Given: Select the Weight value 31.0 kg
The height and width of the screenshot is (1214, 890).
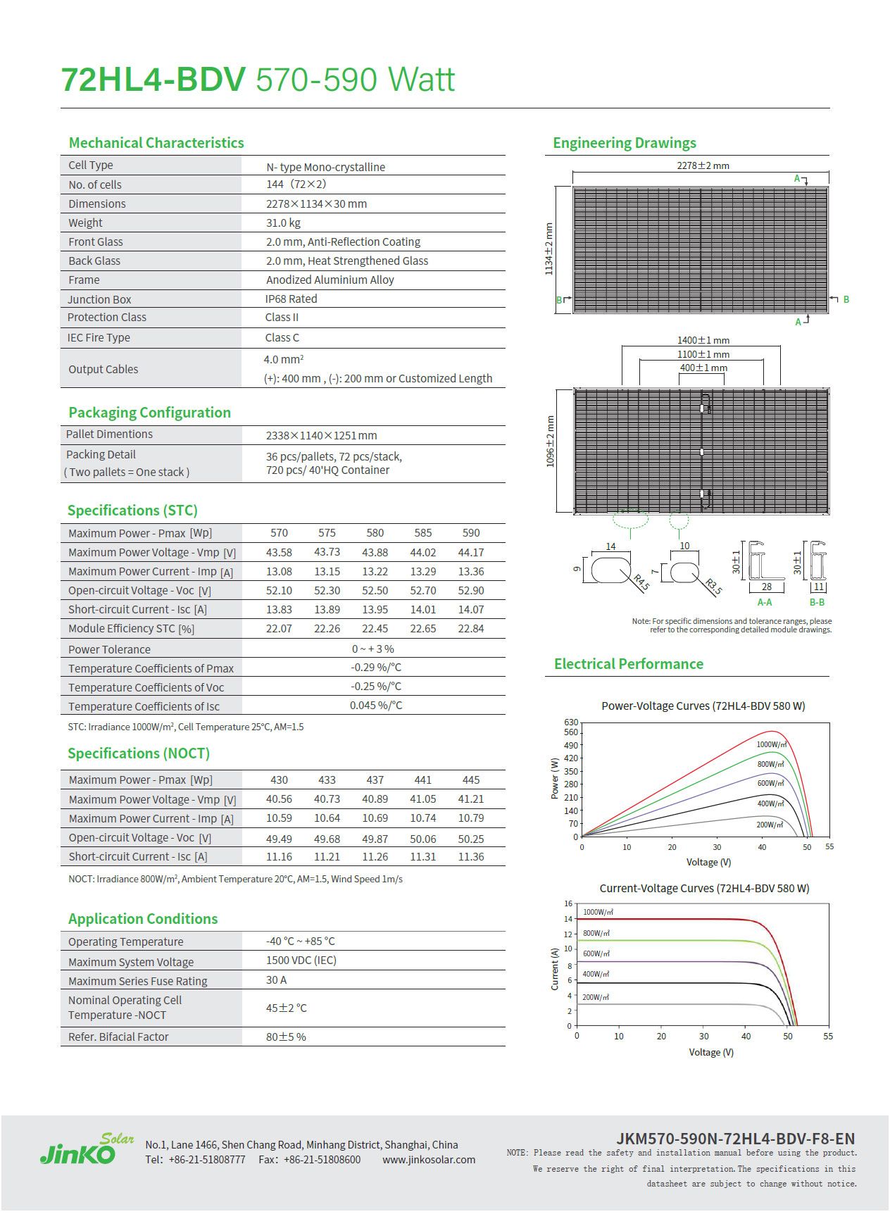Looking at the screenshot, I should click(x=283, y=223).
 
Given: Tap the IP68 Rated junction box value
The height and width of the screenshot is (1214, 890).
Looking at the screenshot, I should click(x=291, y=299).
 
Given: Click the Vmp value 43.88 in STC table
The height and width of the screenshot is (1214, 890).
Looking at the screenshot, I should click(x=375, y=552).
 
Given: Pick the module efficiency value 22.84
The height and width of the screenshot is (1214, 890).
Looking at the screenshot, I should click(x=470, y=628).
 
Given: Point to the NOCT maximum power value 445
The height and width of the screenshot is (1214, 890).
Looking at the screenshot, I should click(x=470, y=780).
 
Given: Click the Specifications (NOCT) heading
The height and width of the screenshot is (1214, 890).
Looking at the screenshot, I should click(x=139, y=753).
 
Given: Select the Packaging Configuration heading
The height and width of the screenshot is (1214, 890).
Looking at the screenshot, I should click(x=149, y=412).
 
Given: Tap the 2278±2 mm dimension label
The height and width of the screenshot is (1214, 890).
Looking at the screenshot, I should click(x=703, y=165).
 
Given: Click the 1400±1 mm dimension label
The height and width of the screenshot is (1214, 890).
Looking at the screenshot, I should click(x=703, y=340).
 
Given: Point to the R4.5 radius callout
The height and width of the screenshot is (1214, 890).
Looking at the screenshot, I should click(x=641, y=582).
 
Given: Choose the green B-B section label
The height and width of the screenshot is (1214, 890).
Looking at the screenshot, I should click(x=817, y=602).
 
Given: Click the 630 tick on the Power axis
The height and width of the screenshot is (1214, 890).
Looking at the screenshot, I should click(x=570, y=722).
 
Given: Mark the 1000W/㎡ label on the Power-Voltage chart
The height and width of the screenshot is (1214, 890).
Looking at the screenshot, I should click(x=771, y=744).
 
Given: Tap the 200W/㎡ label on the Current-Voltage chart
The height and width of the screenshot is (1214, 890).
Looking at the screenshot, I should click(x=596, y=997).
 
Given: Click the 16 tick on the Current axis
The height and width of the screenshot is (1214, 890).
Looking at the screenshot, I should click(x=568, y=903).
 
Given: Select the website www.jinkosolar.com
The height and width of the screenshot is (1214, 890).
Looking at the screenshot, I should click(x=429, y=1160).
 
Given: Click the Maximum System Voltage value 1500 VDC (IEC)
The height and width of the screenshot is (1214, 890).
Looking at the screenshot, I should click(x=301, y=960).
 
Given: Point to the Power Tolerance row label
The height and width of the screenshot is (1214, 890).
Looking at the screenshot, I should click(x=109, y=649).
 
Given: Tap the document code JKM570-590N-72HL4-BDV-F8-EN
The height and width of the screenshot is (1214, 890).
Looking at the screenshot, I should click(x=735, y=1139).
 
